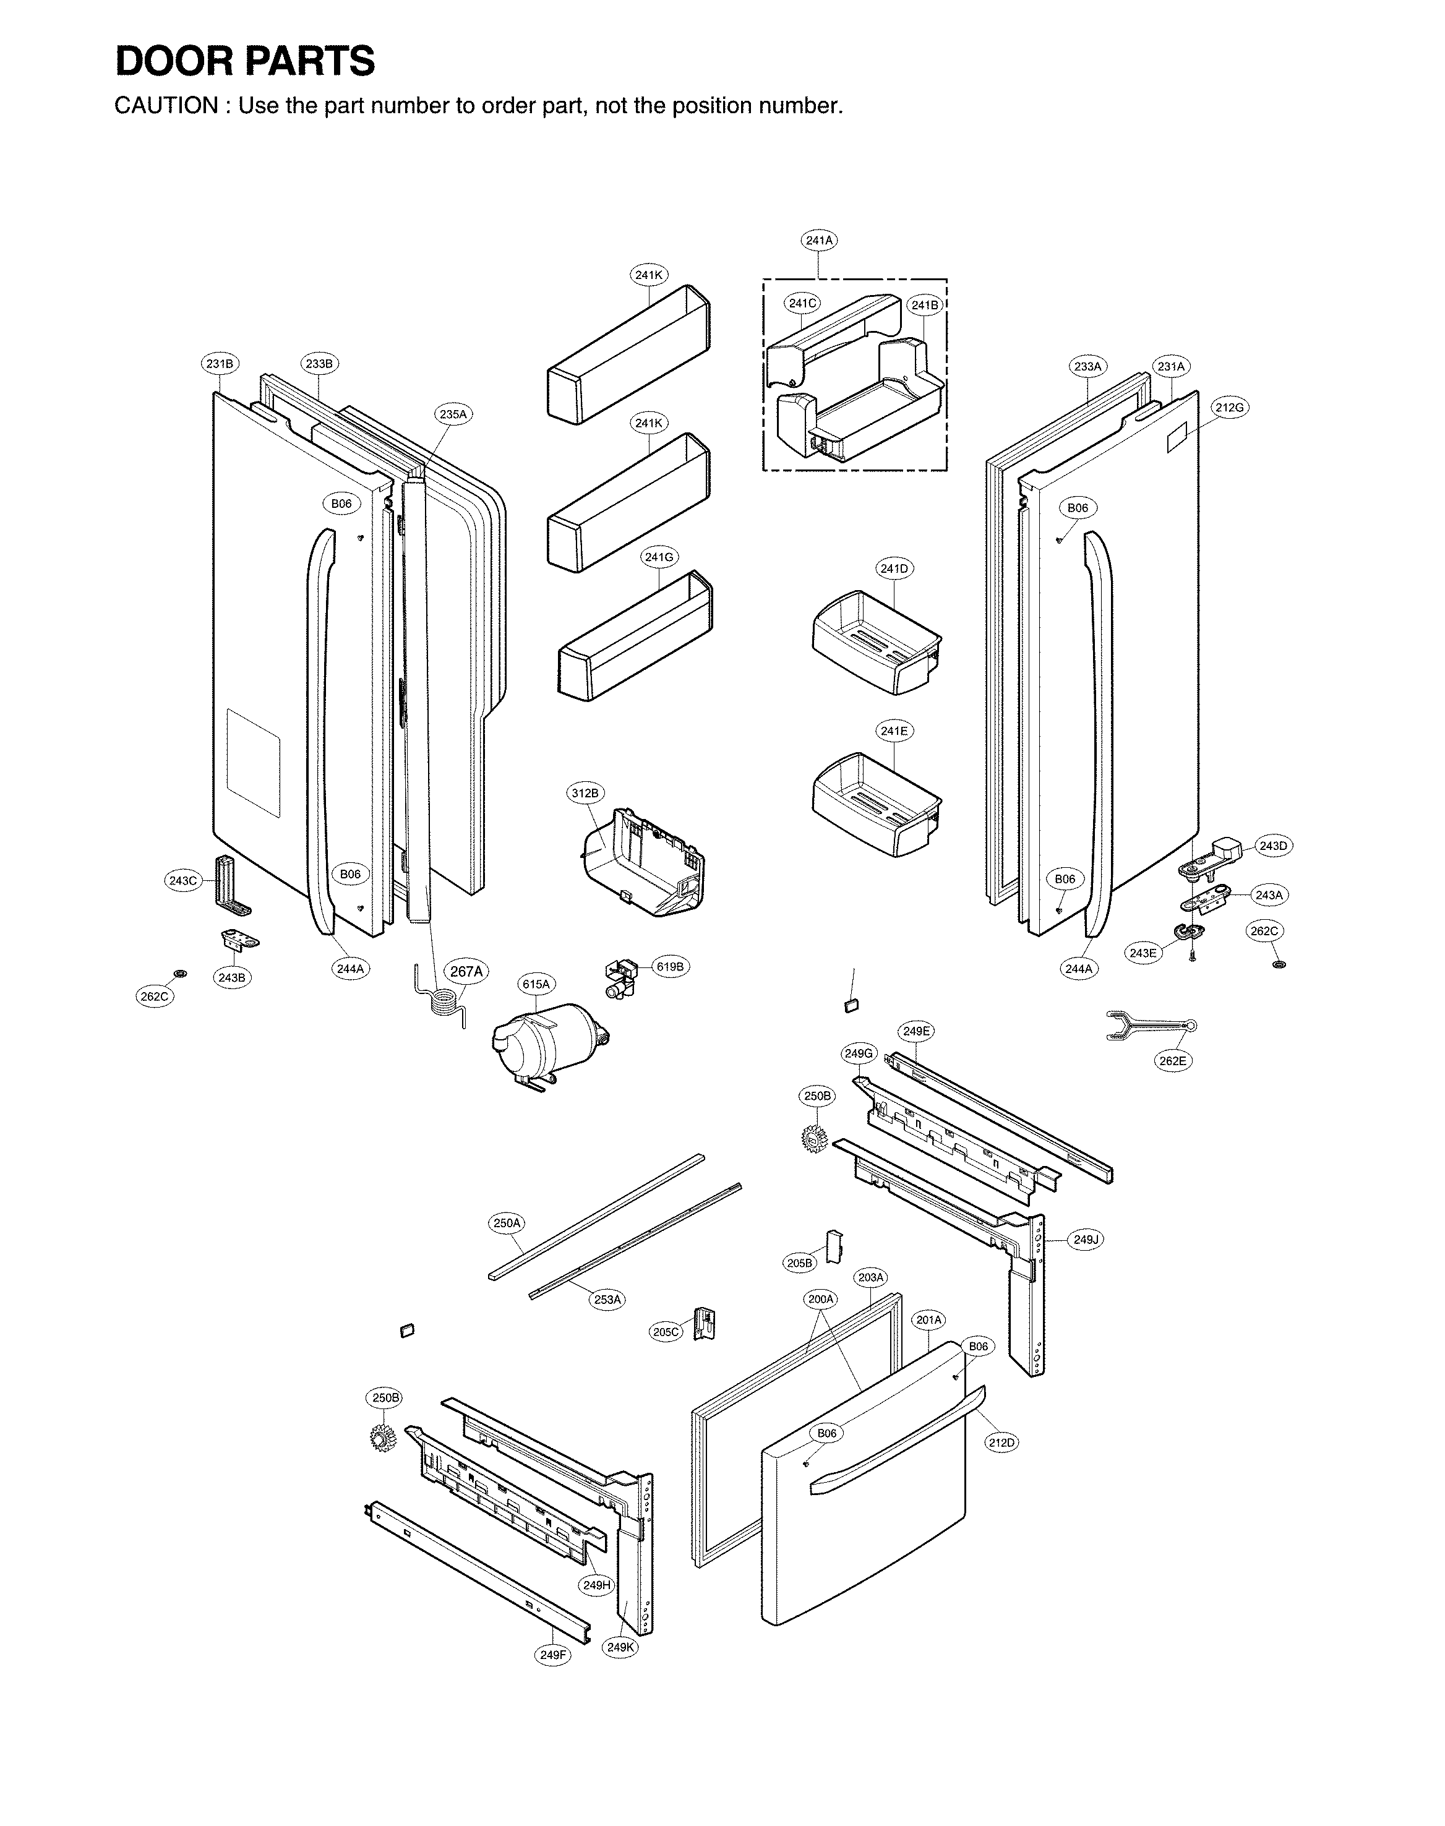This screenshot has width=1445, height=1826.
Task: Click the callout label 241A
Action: click(818, 240)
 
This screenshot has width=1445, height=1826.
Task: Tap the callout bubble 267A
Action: click(466, 972)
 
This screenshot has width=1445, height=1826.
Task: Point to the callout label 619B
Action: click(669, 967)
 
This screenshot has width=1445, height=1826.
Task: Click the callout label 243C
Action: click(182, 880)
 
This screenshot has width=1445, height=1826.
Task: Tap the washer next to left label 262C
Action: click(179, 974)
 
